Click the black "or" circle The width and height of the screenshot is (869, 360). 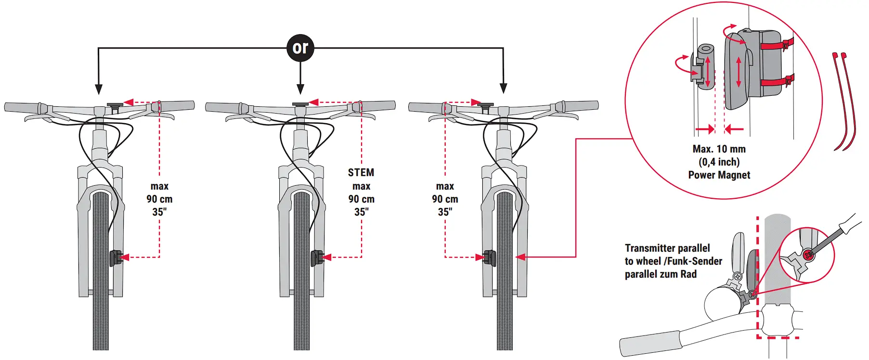point(300,48)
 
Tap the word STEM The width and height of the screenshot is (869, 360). point(361,172)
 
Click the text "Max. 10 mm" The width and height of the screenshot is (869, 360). point(719,149)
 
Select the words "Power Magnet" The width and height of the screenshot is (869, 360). point(719,175)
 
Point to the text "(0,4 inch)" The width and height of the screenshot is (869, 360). point(719,162)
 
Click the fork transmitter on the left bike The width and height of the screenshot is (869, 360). point(115,258)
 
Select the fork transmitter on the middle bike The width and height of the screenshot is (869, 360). point(316,258)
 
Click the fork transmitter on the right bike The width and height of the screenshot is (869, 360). point(489,258)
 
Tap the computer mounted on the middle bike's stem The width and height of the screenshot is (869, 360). point(300,104)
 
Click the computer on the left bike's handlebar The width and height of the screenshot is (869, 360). point(115,105)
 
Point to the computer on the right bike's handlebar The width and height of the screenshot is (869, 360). point(486,105)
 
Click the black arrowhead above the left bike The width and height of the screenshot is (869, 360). point(99,89)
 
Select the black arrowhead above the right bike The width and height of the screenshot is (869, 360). point(504,89)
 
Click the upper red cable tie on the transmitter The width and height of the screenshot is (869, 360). point(776,46)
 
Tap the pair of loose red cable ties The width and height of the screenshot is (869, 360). point(844,101)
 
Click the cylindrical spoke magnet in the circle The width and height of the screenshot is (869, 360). point(706,67)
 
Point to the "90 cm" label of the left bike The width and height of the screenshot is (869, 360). point(159,199)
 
